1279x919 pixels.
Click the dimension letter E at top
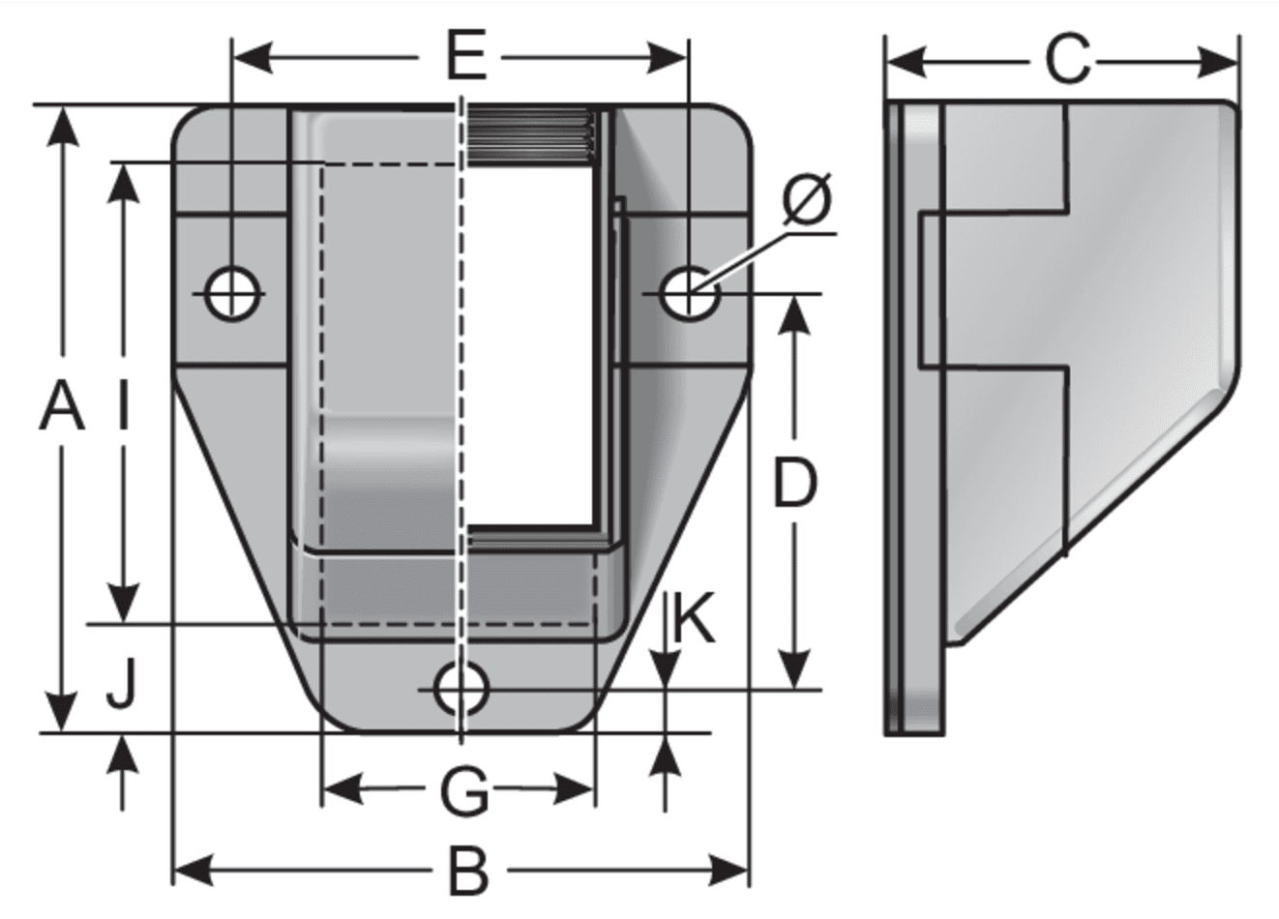pos(466,56)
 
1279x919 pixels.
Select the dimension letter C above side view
pos(1068,61)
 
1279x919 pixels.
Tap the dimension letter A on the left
pos(62,406)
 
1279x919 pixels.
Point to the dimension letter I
pos(123,405)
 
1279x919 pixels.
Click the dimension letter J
pos(122,684)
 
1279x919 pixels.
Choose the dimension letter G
pos(464,792)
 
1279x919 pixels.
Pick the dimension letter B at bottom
pos(469,873)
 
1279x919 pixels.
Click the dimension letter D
pos(794,484)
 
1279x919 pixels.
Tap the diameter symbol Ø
pos(807,199)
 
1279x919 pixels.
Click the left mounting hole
pos(232,294)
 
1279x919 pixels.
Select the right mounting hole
pos(689,293)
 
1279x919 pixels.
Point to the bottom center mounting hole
pos(461,689)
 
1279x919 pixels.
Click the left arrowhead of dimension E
pos(253,58)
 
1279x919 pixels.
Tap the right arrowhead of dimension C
pos(1217,62)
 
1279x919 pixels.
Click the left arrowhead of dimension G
pos(342,790)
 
